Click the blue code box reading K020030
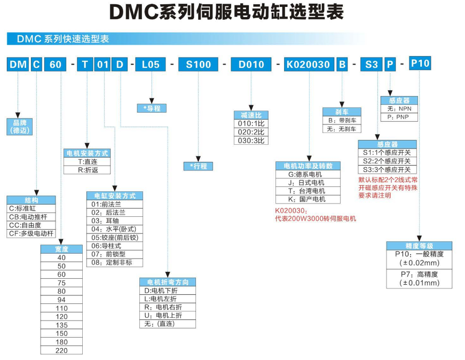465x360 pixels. (x=308, y=65)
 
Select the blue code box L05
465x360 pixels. (x=151, y=65)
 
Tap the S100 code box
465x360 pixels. (x=198, y=65)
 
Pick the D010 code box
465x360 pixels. (x=251, y=65)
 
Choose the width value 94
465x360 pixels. (x=62, y=300)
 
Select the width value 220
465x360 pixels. (x=62, y=350)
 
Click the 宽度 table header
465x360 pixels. (x=62, y=249)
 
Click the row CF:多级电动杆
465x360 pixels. (x=31, y=233)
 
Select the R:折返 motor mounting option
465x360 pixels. (x=88, y=170)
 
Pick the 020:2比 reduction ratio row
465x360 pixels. (x=251, y=132)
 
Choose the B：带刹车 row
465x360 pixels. (x=342, y=120)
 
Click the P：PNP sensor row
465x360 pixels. (x=399, y=116)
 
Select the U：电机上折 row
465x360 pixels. (x=167, y=315)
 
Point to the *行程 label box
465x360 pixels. (x=198, y=166)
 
